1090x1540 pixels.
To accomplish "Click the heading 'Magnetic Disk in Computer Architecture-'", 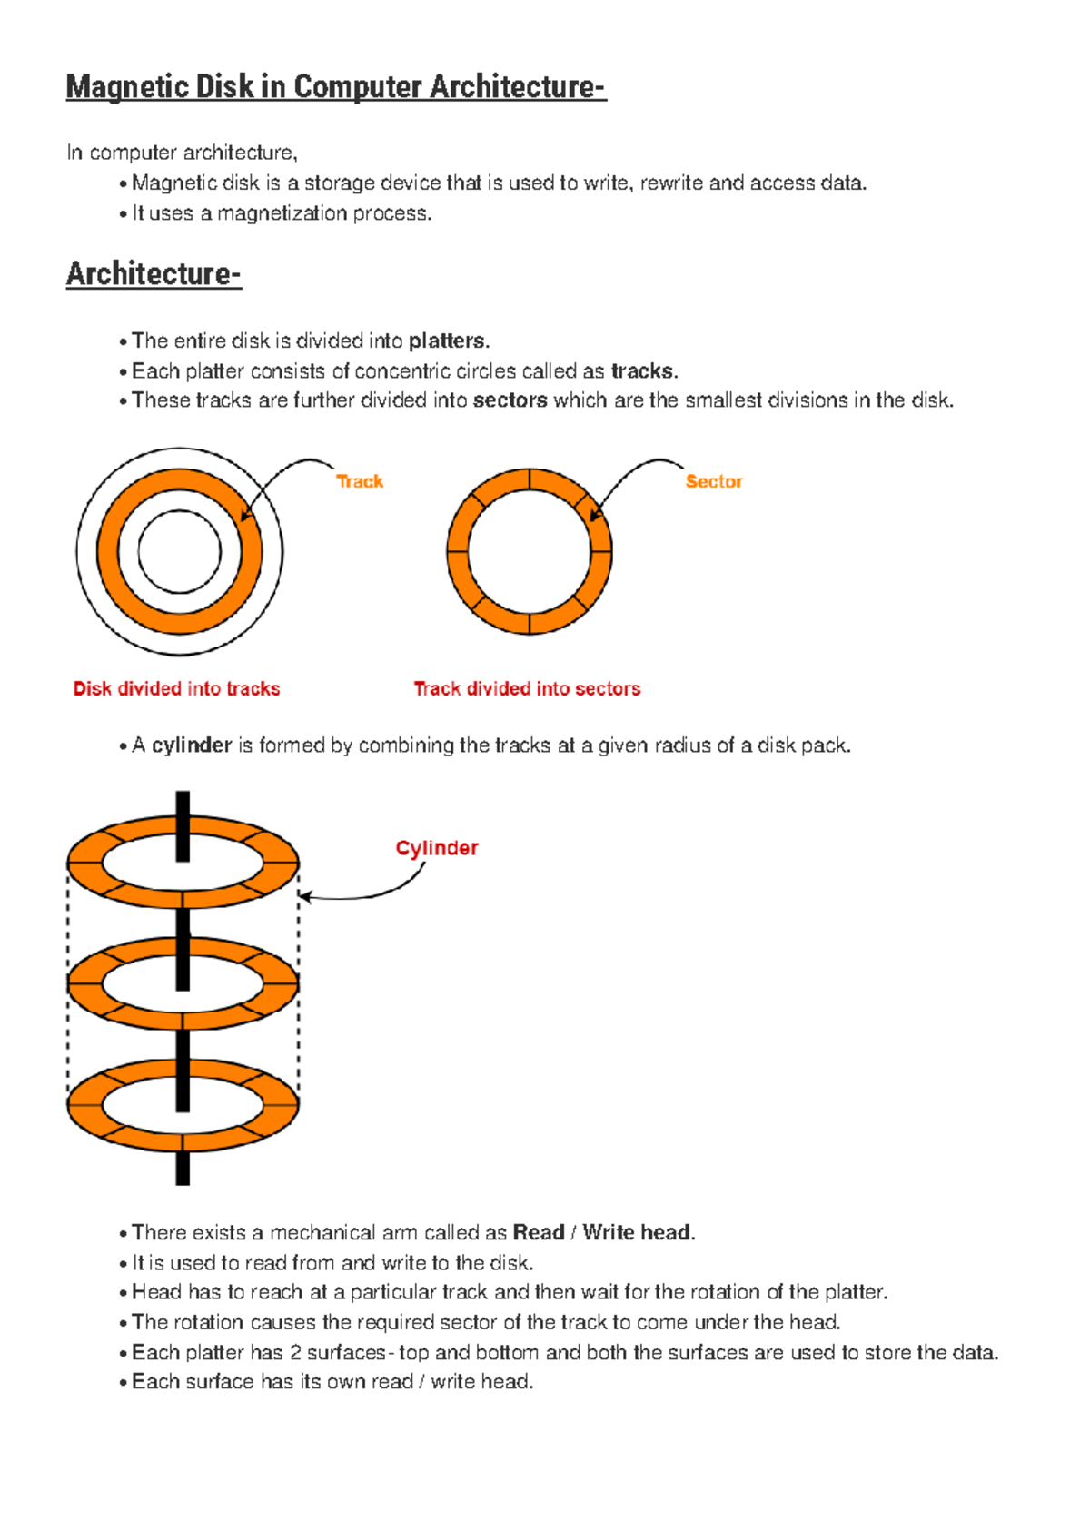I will pyautogui.click(x=335, y=87).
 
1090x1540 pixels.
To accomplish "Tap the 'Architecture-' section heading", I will pyautogui.click(x=154, y=273).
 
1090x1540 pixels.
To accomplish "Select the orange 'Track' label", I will pyautogui.click(x=360, y=481).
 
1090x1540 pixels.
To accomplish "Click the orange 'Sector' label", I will pyautogui.click(x=714, y=481).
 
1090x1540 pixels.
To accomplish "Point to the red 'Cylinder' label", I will pyautogui.click(x=437, y=848).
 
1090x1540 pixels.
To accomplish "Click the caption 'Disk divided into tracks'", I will pyautogui.click(x=176, y=688).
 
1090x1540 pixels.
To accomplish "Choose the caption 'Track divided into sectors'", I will pyautogui.click(x=527, y=688).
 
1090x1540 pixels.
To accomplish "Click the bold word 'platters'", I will pyautogui.click(x=447, y=341).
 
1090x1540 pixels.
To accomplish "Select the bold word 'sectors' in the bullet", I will pyautogui.click(x=510, y=400).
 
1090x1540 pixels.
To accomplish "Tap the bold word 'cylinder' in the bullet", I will pyautogui.click(x=192, y=745).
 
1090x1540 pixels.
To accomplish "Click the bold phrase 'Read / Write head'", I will pyautogui.click(x=601, y=1232).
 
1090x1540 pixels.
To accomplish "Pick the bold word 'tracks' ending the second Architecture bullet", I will pyautogui.click(x=642, y=371).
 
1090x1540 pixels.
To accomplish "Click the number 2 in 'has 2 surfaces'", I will pyautogui.click(x=295, y=1353).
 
